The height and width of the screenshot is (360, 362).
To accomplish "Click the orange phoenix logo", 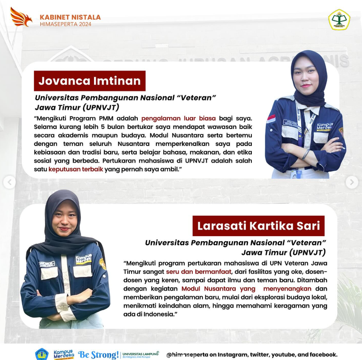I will [x=21, y=17].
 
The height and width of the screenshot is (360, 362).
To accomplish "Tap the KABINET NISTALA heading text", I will [x=70, y=17].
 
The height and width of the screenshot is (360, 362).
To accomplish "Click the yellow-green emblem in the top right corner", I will [x=339, y=19].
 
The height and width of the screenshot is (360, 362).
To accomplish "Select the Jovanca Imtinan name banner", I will [x=90, y=81].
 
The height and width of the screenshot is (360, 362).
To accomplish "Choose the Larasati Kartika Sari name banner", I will [x=258, y=226].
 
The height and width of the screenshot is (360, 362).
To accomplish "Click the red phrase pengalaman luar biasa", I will [x=179, y=118].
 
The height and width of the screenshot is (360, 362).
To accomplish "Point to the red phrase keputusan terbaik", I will [x=76, y=169].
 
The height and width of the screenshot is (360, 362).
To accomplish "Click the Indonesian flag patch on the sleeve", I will [x=271, y=118].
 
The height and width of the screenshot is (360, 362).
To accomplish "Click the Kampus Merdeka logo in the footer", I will [x=64, y=354].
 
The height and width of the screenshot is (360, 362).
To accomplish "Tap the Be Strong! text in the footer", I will [x=98, y=354].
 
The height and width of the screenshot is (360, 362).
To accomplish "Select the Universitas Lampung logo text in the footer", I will [x=140, y=354].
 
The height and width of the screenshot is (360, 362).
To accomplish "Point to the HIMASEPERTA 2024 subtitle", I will [x=66, y=24].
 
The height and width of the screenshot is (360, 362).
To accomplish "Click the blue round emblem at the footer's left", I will [x=42, y=354].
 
